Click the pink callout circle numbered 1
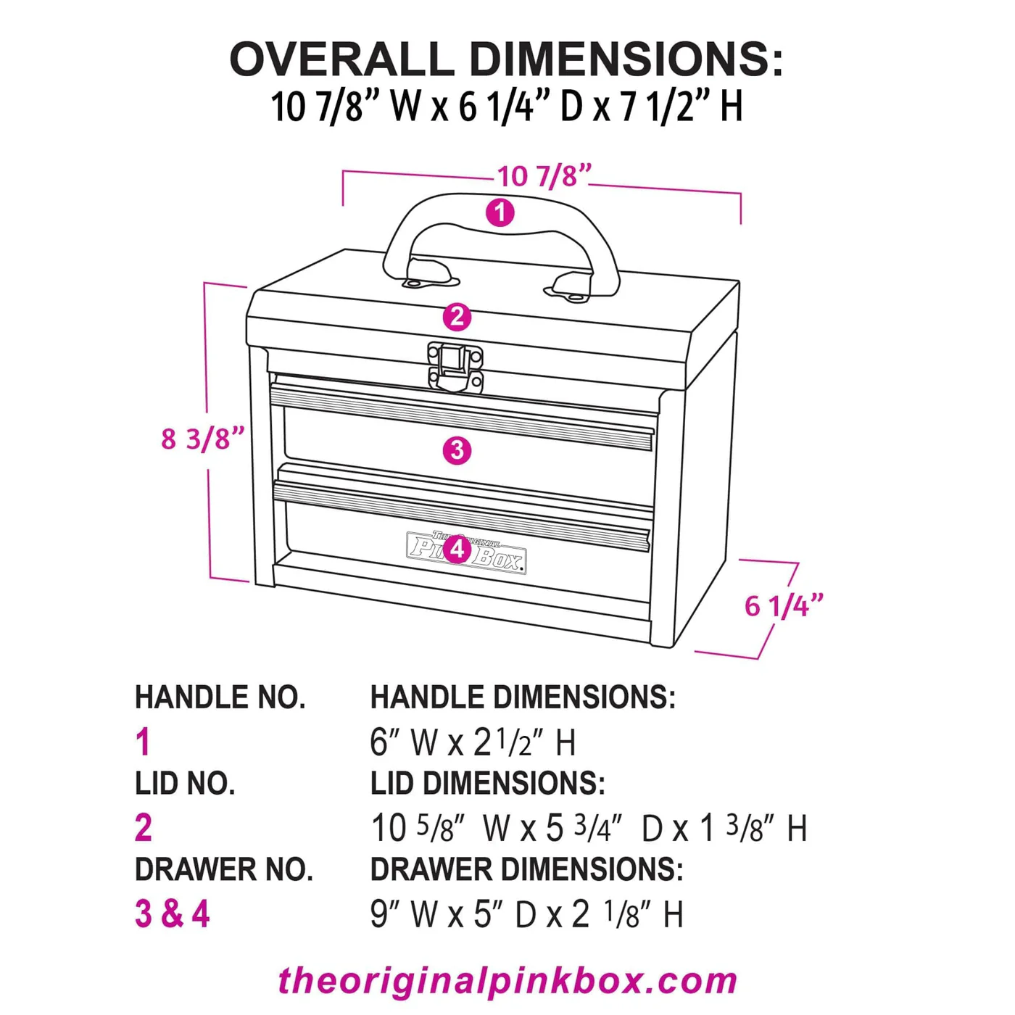[500, 212]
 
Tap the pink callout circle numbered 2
[457, 317]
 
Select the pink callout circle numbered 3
[457, 450]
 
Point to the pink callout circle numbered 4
[457, 549]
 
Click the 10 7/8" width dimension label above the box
[544, 176]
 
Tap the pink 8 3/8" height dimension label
[202, 439]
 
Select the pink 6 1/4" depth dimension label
[784, 606]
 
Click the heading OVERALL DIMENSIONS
[506, 59]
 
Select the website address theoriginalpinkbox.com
[507, 980]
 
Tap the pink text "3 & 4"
[172, 913]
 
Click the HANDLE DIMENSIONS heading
[523, 697]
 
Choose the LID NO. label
[185, 784]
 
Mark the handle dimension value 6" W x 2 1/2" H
[473, 742]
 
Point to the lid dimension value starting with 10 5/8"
[588, 828]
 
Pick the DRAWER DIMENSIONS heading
[526, 870]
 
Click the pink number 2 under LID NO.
[144, 828]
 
